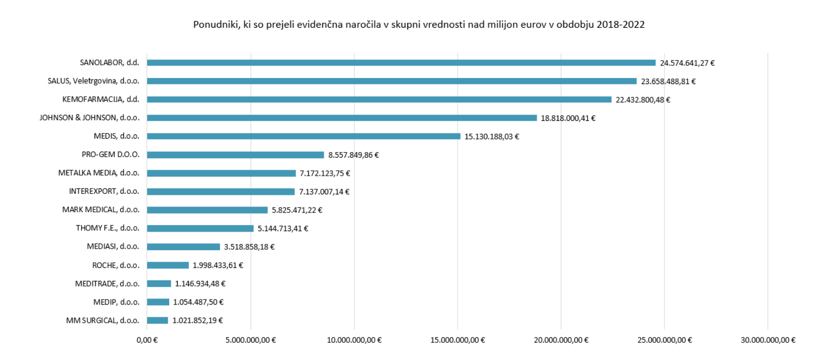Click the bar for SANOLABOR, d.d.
click(x=401, y=63)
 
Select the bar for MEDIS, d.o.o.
click(x=303, y=136)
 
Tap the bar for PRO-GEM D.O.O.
click(x=235, y=155)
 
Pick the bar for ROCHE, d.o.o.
click(x=168, y=265)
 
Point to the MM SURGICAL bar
click(x=157, y=320)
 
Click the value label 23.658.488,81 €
click(x=668, y=82)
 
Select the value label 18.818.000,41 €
click(x=568, y=118)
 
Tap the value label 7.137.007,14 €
click(x=324, y=192)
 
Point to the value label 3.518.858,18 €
click(x=249, y=247)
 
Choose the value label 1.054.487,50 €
click(x=198, y=302)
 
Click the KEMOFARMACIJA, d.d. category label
click(x=101, y=99)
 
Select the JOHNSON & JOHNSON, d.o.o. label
click(x=90, y=118)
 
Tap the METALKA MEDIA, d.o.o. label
click(x=99, y=173)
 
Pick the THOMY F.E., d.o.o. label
click(x=107, y=228)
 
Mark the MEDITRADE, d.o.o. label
click(x=107, y=283)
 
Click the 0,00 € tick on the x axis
click(x=147, y=340)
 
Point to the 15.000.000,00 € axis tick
click(x=457, y=340)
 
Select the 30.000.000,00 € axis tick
click(x=768, y=340)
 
